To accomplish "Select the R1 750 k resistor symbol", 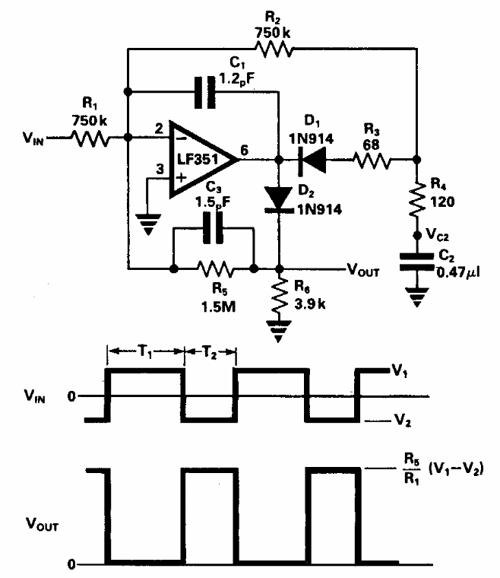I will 92,138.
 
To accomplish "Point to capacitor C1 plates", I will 203,92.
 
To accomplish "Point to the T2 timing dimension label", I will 210,352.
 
